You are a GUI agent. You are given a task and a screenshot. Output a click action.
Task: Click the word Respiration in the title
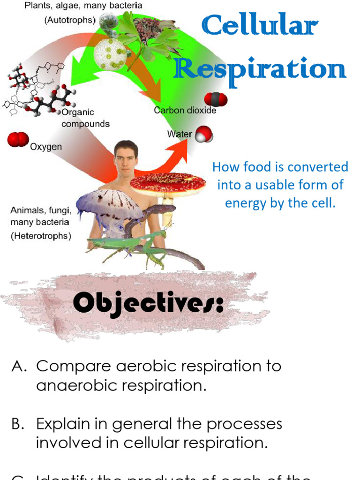point(260,69)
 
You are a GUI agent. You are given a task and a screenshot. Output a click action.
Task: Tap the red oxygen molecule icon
point(18,139)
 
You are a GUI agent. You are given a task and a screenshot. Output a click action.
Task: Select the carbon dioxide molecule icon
point(216,99)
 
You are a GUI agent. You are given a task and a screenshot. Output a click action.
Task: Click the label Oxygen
point(46,147)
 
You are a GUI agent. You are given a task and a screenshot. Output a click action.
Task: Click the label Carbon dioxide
point(185,111)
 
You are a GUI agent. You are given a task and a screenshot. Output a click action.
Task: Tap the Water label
point(180,134)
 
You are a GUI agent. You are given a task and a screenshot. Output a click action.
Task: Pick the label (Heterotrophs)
point(41,236)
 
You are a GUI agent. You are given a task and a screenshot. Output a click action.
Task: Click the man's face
point(126,159)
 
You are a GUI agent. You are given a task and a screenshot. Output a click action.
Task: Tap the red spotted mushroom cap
point(168,183)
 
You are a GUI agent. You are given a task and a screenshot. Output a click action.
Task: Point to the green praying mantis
point(141,244)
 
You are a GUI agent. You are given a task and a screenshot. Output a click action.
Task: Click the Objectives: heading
point(148,305)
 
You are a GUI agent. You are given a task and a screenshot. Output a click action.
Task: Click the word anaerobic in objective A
point(72,386)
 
